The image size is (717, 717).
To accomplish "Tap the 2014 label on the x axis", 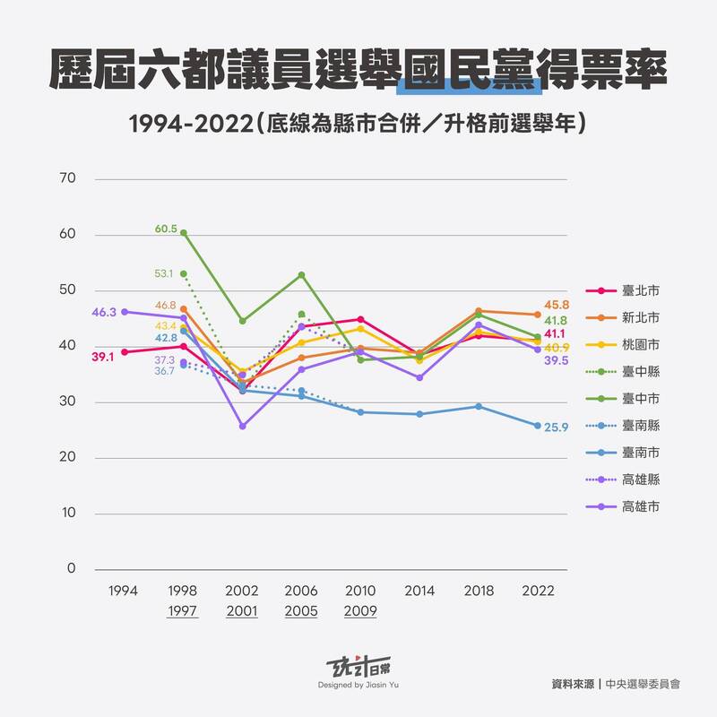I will (419, 592).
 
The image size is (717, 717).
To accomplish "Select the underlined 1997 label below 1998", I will (183, 611).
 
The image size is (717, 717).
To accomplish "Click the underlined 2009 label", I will (360, 611).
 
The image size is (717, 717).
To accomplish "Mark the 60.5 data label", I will (166, 229).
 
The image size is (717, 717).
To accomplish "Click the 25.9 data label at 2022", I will (557, 428).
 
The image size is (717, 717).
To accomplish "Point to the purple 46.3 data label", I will (104, 313).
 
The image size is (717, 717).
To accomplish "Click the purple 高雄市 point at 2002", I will (242, 426).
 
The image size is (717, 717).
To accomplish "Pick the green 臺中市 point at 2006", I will (301, 274).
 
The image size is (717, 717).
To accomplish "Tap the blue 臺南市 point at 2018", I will (479, 406).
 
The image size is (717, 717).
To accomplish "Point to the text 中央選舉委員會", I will (642, 683).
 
